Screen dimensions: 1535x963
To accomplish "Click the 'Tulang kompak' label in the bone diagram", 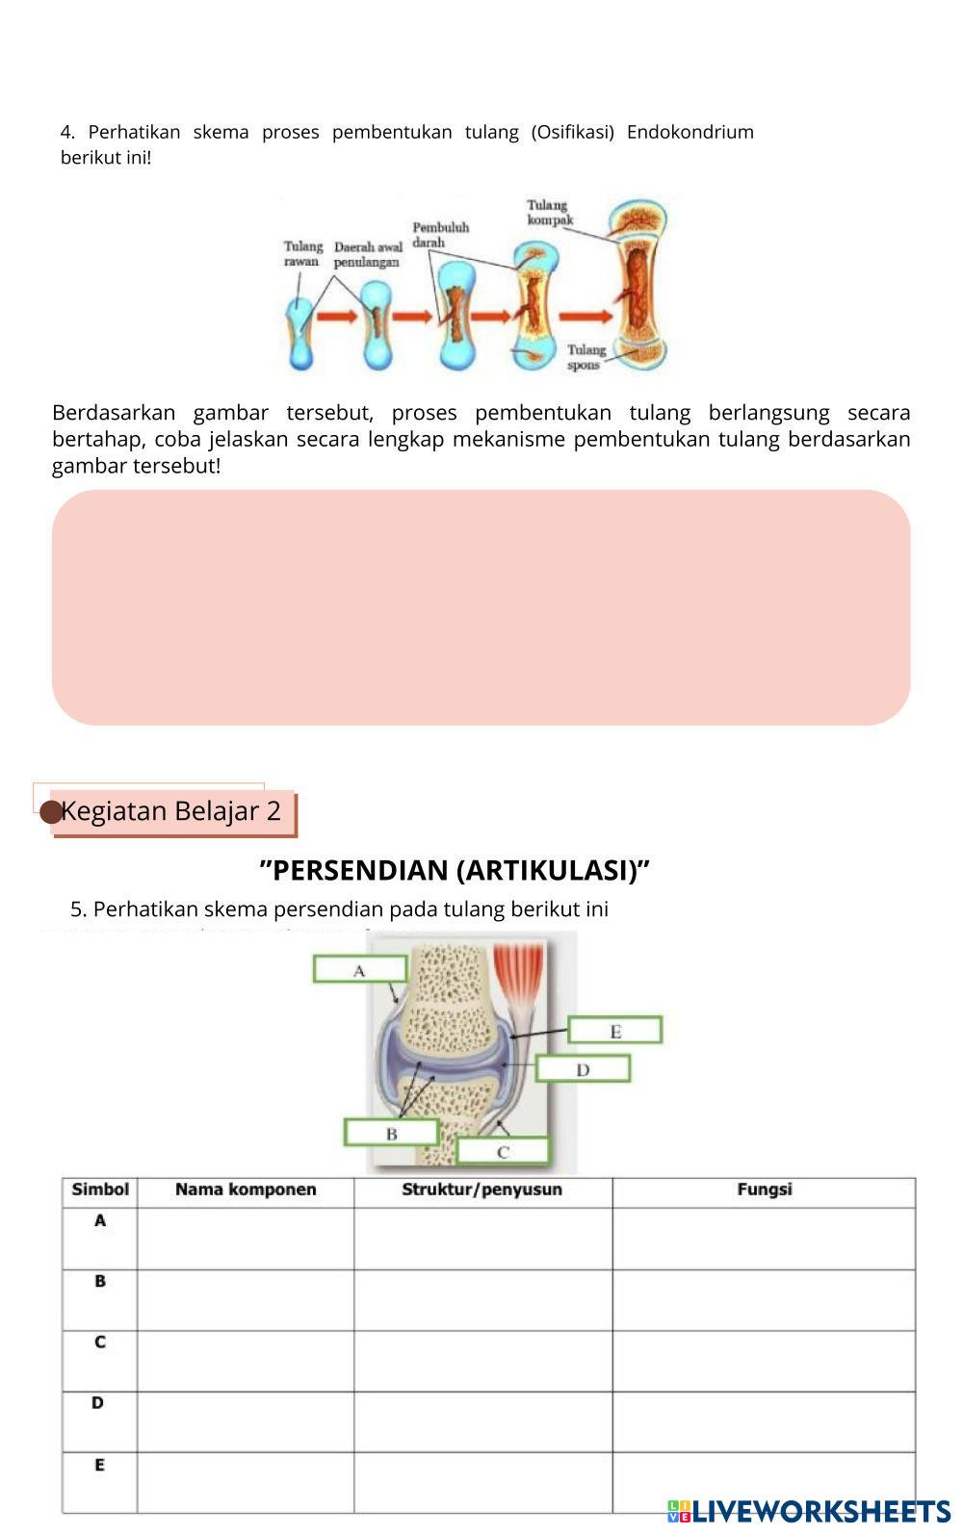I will pos(549,213).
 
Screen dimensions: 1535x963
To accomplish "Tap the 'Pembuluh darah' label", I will pos(440,235).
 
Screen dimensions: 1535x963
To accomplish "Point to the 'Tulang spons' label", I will pos(586,357).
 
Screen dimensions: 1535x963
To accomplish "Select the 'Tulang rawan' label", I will pos(302,254).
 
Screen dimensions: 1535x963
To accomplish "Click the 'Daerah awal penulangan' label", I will pos(367,255).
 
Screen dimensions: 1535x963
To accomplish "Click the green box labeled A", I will pos(359,969).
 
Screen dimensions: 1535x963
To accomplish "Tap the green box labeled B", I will pos(391,1133).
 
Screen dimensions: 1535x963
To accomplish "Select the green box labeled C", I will pos(503,1151).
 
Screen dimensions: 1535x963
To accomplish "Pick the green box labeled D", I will pos(583,1069).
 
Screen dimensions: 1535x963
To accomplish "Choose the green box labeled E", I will pos(615,1031).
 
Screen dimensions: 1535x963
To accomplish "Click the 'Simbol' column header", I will pos(100,1190).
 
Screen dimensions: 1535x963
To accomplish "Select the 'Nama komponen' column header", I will pos(246,1190).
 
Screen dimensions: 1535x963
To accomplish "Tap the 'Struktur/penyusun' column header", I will pos(481,1190).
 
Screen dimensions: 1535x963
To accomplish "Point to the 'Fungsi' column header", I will pos(764,1190).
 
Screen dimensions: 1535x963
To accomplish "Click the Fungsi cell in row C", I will pos(764,1361).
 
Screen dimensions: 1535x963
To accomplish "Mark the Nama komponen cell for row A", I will pos(246,1239).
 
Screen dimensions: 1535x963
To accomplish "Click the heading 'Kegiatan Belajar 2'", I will pos(170,811).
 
